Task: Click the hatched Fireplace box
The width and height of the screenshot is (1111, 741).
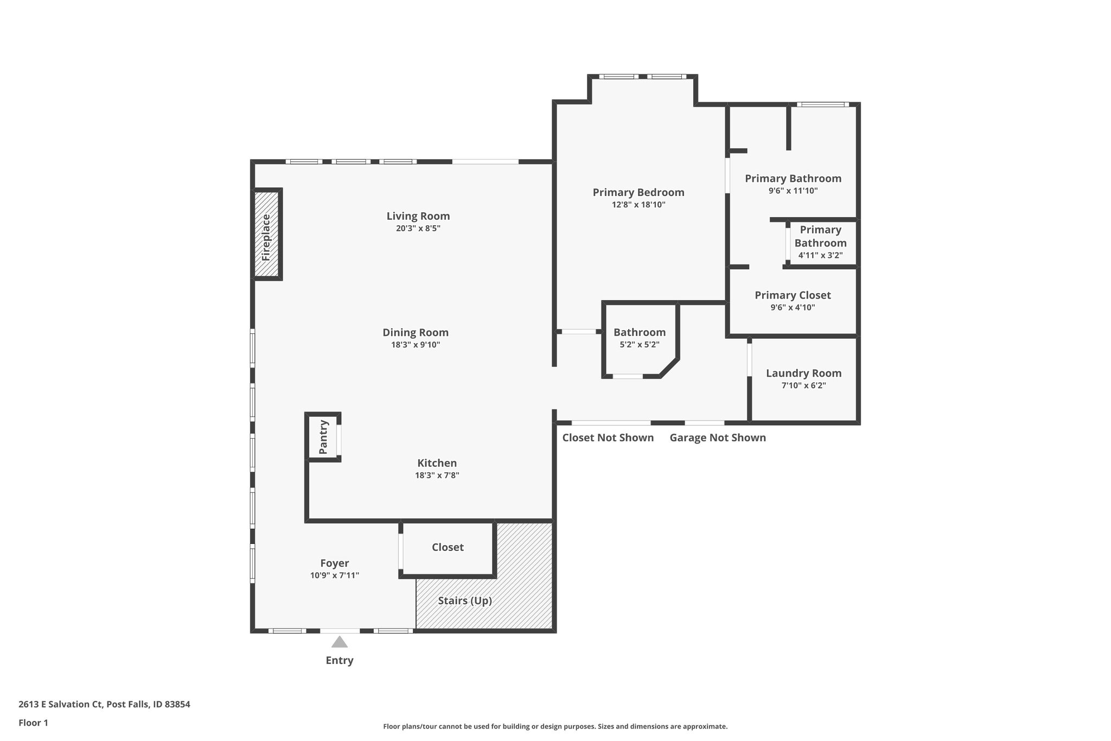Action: (267, 234)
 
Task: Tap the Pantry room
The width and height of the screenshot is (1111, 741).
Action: (323, 437)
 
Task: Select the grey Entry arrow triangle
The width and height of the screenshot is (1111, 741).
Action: (340, 642)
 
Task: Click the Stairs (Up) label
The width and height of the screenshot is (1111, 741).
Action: (465, 601)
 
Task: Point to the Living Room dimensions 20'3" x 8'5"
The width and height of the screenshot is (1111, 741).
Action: (418, 229)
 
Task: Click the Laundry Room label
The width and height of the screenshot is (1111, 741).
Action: (804, 373)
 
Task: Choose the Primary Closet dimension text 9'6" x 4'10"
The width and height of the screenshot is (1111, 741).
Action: (793, 308)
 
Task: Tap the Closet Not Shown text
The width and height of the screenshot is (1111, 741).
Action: (608, 438)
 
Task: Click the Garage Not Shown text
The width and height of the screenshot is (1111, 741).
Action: (718, 438)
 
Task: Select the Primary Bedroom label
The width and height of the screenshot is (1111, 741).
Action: (638, 192)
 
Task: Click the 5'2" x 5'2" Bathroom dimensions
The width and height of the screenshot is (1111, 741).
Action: (640, 345)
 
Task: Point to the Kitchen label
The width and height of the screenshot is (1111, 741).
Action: (437, 463)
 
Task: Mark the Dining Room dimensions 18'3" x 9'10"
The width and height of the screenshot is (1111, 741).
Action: (416, 345)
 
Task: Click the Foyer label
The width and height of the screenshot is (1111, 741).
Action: (335, 563)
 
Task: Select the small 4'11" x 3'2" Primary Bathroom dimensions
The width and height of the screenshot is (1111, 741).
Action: (820, 256)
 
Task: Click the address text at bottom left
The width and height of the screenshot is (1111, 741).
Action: (104, 705)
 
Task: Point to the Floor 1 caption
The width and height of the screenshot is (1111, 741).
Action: (33, 723)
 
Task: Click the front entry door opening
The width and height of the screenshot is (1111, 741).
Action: (340, 631)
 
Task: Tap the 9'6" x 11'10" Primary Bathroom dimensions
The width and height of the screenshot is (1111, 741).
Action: (793, 191)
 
